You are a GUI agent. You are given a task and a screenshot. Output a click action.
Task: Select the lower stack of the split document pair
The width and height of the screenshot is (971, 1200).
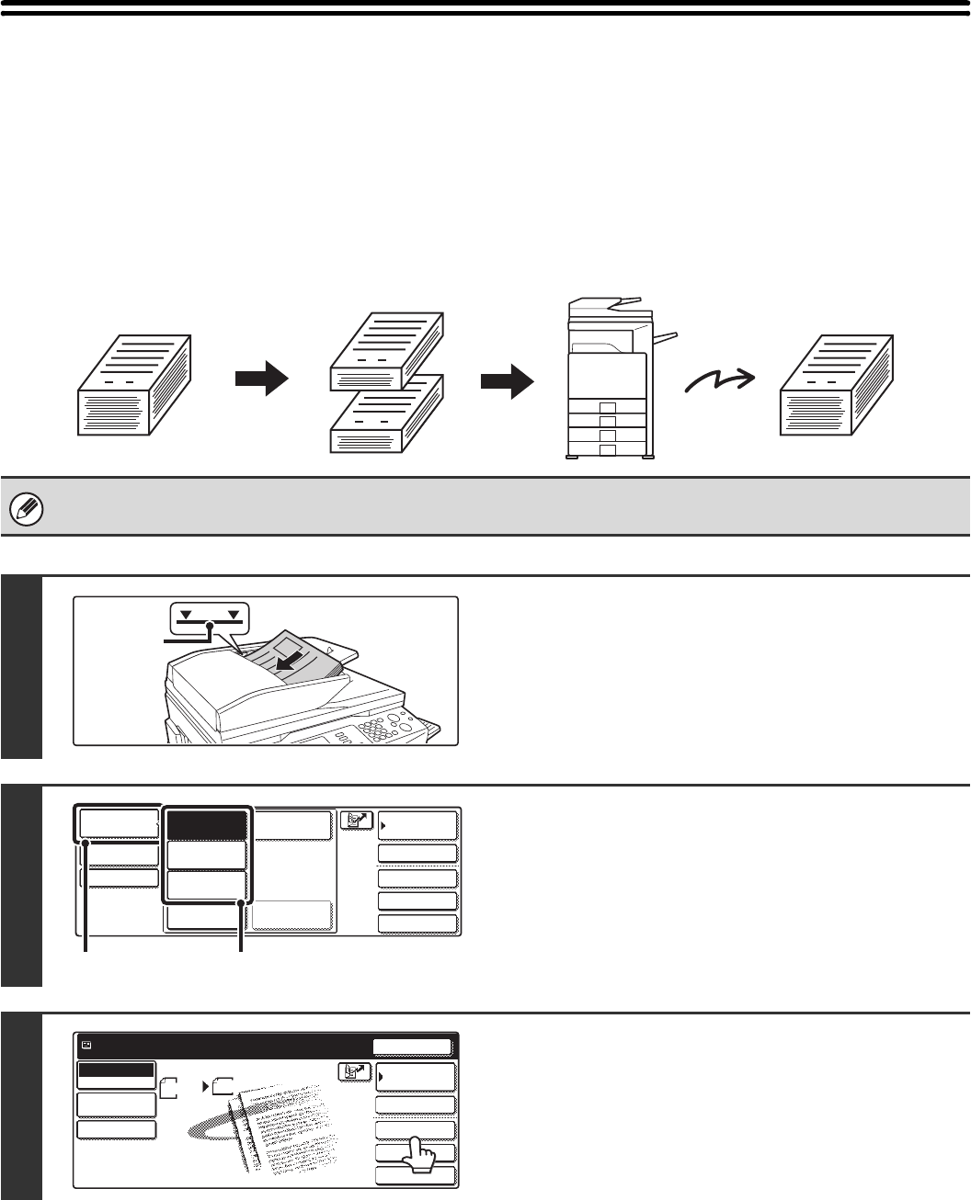click(388, 418)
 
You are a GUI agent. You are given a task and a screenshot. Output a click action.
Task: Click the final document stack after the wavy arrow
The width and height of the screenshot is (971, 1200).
click(839, 386)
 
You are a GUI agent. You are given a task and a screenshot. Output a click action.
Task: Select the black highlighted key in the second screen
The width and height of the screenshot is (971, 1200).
click(207, 824)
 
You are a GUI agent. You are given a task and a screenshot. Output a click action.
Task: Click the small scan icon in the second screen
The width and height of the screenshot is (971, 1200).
click(357, 821)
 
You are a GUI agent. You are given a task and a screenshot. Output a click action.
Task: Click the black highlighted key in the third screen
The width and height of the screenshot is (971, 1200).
click(116, 1071)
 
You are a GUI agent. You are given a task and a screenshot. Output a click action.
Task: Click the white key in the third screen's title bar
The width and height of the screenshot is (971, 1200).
click(412, 1047)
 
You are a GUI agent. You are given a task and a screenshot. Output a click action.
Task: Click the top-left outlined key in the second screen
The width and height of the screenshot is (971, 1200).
click(117, 822)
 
